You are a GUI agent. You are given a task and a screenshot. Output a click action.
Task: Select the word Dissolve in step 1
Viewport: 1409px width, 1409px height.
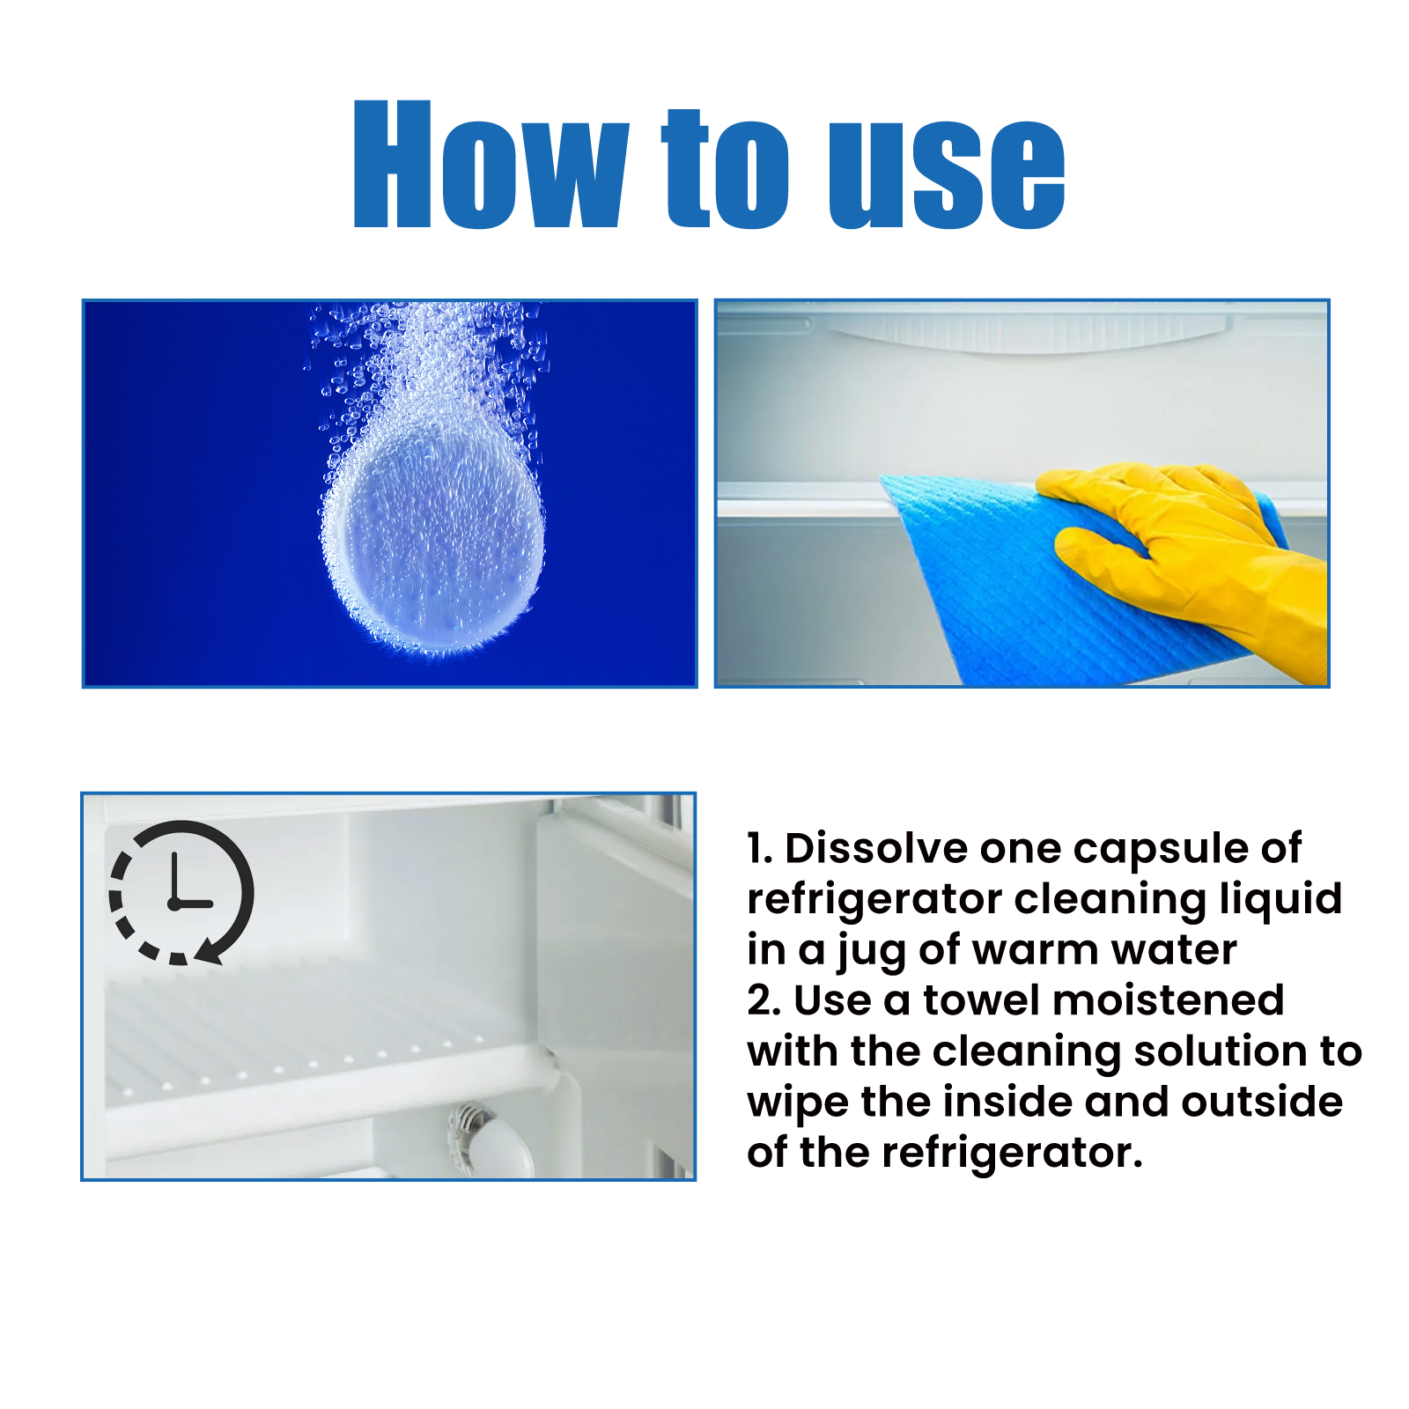tap(876, 849)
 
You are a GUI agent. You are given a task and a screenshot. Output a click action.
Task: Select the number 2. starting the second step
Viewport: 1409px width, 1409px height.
tap(764, 1001)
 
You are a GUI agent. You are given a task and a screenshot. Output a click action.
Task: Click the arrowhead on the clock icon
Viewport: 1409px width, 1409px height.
tap(210, 953)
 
